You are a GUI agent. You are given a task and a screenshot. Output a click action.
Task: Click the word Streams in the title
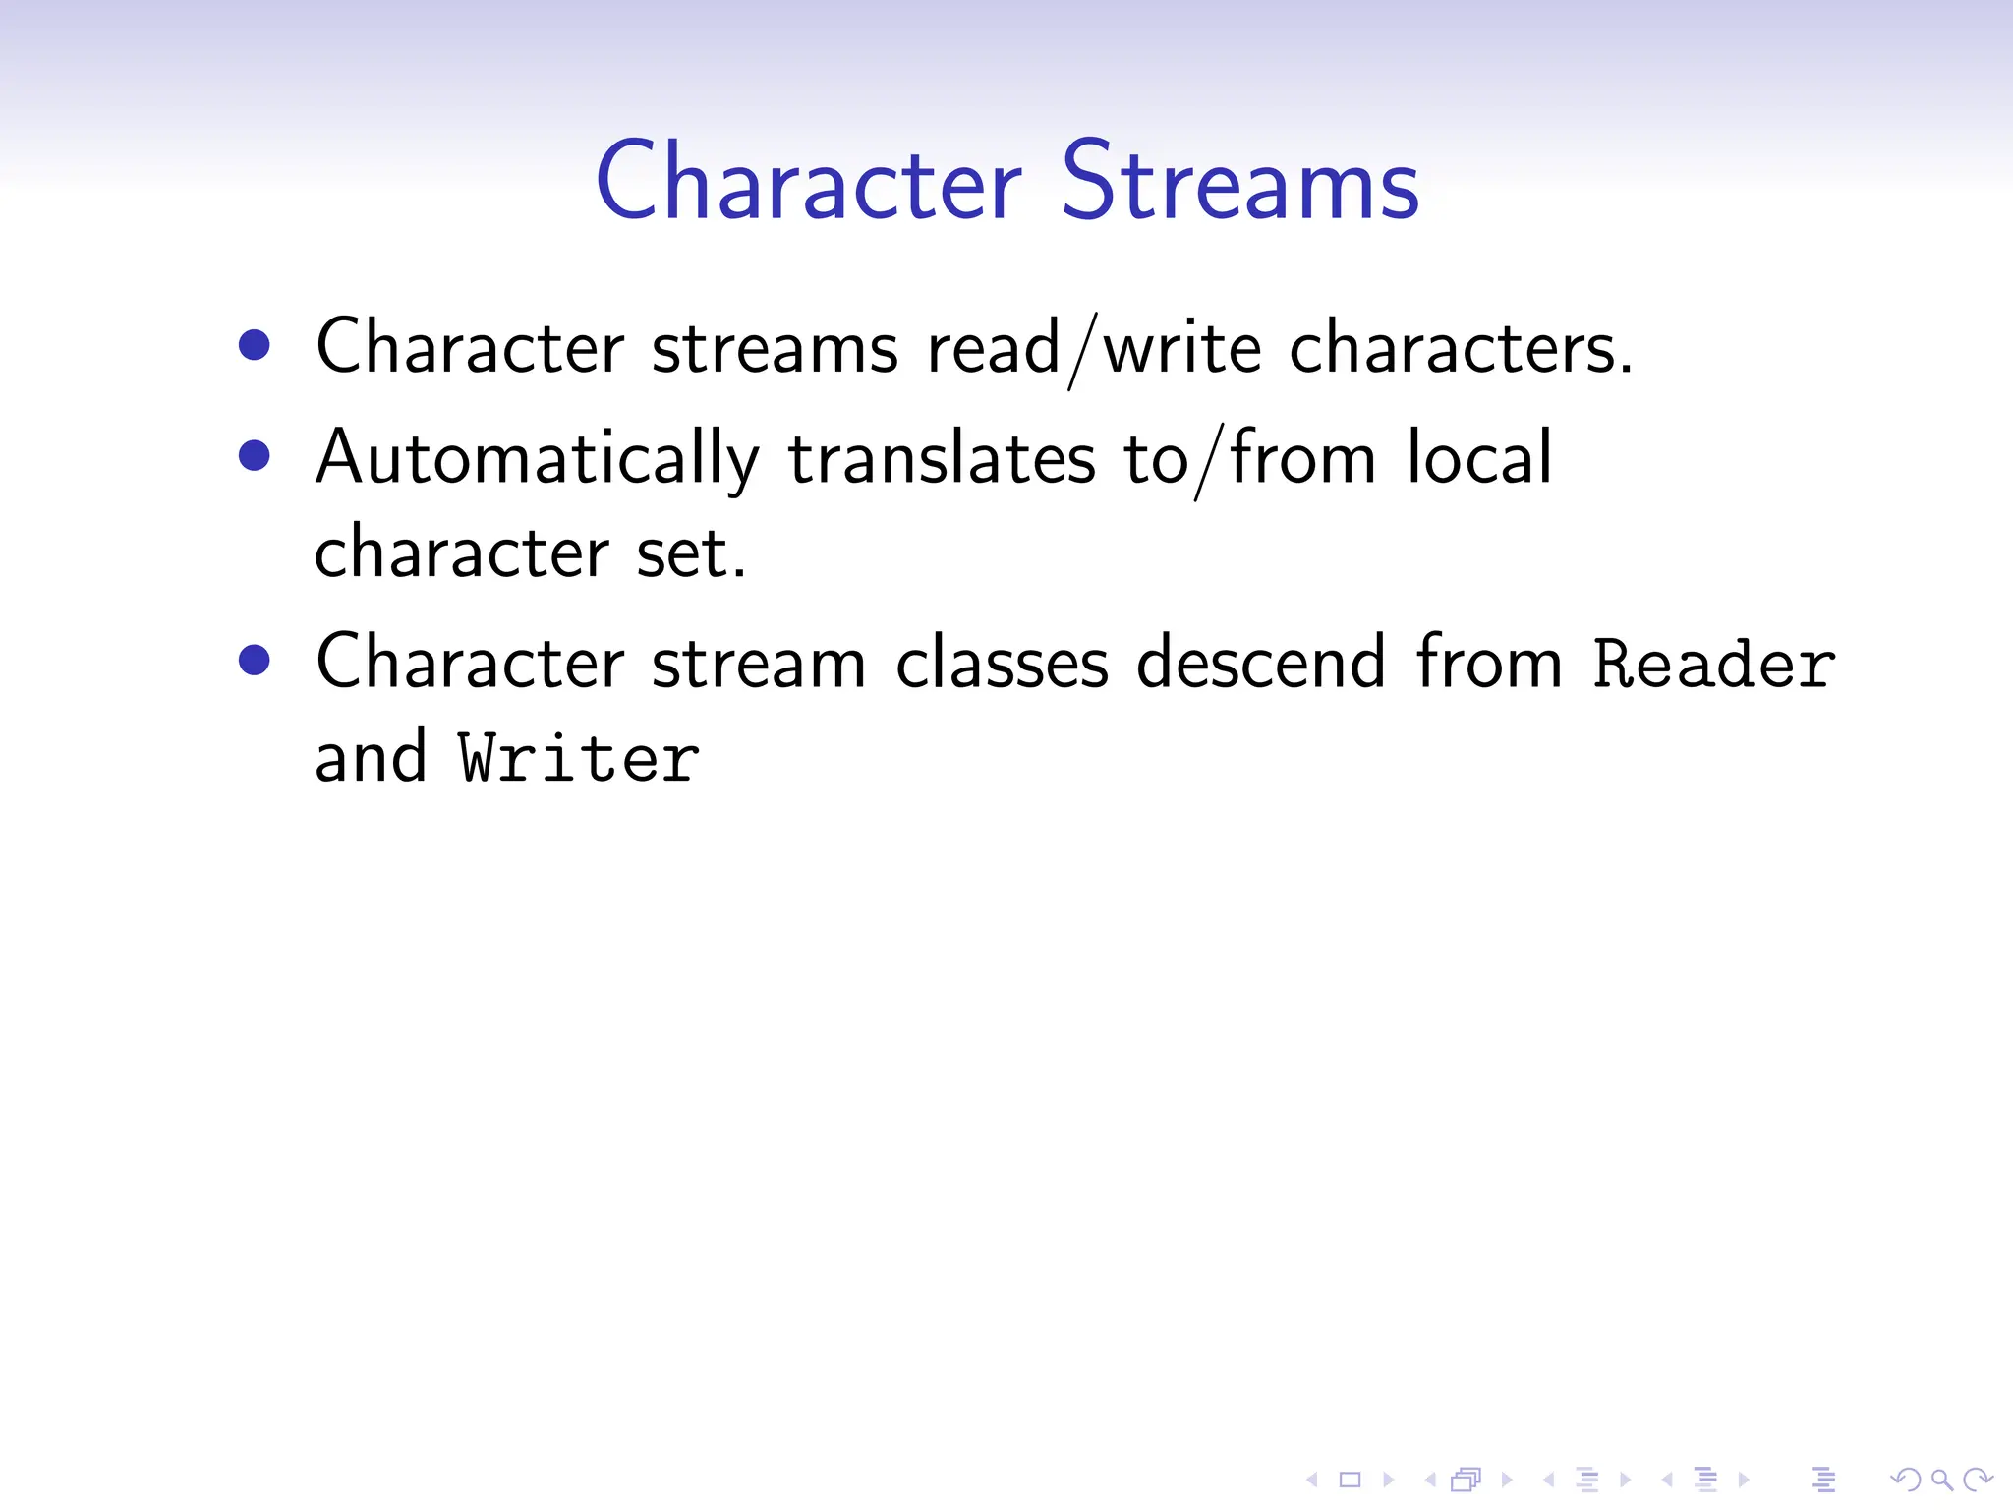(x=1240, y=182)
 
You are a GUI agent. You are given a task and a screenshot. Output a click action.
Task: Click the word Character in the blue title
(x=809, y=182)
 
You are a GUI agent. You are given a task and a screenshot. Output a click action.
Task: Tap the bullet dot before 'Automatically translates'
(x=255, y=455)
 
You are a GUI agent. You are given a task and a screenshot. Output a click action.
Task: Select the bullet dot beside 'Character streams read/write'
(x=255, y=345)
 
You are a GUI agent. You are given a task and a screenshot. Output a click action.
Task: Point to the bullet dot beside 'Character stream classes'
(x=255, y=660)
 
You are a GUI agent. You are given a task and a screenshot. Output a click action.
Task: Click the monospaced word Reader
(x=1713, y=664)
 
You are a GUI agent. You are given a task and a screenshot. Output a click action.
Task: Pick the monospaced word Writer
(x=579, y=759)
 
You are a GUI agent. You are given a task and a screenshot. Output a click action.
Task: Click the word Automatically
(x=537, y=459)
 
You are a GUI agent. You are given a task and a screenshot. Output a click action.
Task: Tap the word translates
(x=941, y=459)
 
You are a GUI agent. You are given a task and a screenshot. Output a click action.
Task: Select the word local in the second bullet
(x=1479, y=457)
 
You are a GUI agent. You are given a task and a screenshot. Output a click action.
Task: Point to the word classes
(x=1002, y=664)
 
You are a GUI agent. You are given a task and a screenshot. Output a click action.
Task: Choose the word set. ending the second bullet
(x=691, y=553)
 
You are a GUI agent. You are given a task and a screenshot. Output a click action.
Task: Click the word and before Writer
(x=371, y=758)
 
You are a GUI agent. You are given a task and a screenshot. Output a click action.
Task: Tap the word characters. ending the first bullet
(x=1461, y=348)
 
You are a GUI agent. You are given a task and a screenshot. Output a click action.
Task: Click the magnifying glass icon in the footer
(x=1942, y=1480)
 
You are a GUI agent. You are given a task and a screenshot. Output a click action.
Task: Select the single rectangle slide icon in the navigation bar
(x=1351, y=1480)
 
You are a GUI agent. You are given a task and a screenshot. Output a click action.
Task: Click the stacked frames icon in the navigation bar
(x=1466, y=1480)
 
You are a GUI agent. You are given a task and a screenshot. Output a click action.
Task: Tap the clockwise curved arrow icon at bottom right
(x=1978, y=1480)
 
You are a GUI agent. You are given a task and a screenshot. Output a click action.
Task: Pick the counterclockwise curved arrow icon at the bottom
(x=1905, y=1480)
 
